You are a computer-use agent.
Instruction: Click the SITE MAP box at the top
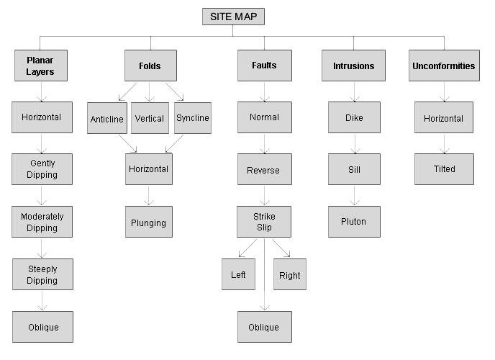pos(233,17)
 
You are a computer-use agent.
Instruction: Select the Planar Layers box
pos(42,66)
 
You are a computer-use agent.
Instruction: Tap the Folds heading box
pos(150,66)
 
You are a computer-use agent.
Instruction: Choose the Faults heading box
pos(264,66)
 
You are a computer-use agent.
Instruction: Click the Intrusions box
pos(354,66)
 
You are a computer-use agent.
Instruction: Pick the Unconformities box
pos(443,66)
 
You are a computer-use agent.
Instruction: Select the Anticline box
pos(106,118)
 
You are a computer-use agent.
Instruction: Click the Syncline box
pos(193,118)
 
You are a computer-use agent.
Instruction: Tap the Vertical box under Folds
pos(150,118)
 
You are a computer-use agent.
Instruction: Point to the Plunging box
pos(148,222)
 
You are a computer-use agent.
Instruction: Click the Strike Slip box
pos(264,222)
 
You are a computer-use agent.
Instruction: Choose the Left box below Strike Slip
pos(238,275)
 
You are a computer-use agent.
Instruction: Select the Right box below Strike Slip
pos(290,275)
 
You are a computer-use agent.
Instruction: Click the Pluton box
pos(353,222)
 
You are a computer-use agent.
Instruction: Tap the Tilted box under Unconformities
pos(443,169)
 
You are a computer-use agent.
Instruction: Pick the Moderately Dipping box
pos(42,222)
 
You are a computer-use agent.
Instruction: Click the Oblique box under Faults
pos(264,327)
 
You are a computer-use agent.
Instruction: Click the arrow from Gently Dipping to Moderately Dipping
pos(42,196)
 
